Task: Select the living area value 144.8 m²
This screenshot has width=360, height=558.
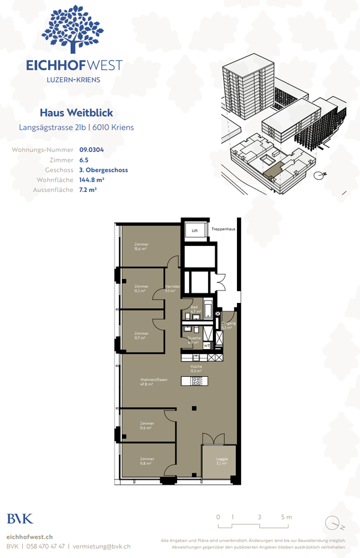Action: [92, 179]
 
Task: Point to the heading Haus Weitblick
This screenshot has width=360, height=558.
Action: [76, 113]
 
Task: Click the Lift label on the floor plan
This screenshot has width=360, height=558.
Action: [194, 230]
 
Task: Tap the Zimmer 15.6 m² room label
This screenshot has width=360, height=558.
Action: [142, 247]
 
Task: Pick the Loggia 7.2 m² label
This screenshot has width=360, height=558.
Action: [222, 461]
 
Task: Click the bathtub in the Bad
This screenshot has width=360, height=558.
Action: [208, 310]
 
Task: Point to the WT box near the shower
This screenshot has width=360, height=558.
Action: [206, 346]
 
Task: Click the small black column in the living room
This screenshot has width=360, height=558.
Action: [194, 409]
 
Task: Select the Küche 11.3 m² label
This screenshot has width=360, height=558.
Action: [196, 369]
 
